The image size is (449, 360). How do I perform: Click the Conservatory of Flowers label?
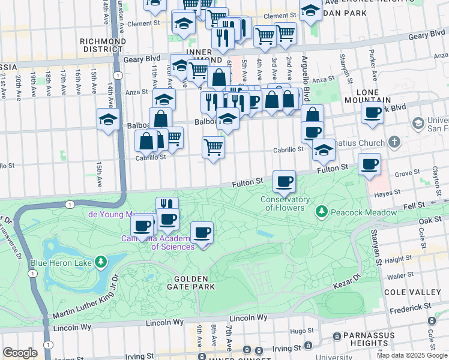pos(285,204)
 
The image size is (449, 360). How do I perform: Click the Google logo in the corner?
pos(20,353)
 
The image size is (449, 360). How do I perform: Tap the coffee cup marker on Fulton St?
pos(284,181)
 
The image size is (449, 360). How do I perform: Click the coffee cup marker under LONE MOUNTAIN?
pos(372,112)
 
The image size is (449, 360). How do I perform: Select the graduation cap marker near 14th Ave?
pos(108,119)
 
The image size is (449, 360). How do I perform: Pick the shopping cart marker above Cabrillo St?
pos(213,147)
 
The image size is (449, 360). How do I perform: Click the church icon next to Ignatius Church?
pos(394,142)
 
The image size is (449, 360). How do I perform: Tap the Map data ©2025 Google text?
pos(411,355)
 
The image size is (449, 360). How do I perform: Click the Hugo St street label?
pos(298,331)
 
